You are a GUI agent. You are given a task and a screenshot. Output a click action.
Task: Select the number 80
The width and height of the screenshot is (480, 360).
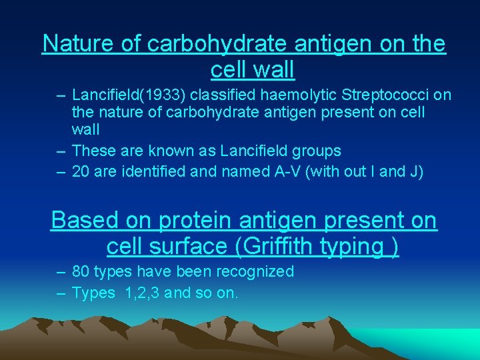tap(81, 272)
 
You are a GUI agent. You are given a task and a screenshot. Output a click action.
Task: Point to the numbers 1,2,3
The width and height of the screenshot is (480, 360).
tap(141, 291)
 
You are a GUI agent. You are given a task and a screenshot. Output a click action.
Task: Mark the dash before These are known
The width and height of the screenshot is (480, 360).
tap(60, 151)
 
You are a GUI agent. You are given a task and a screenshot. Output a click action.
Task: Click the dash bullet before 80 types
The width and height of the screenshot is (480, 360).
tap(60, 272)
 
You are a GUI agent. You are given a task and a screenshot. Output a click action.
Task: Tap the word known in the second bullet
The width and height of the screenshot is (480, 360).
tap(176, 151)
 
